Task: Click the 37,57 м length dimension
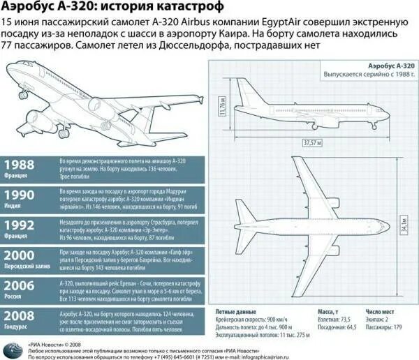point(311,142)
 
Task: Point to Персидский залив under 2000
point(27,267)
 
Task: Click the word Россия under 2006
point(15,297)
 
